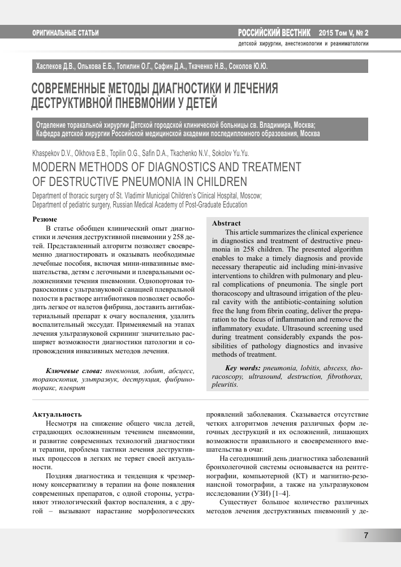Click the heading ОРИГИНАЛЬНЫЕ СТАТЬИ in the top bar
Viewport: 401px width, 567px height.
tap(66, 33)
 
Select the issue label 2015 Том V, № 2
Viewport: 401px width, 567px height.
tap(343, 33)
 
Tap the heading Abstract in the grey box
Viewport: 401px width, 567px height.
tap(226, 223)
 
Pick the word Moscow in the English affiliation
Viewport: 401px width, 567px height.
tap(247, 196)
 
